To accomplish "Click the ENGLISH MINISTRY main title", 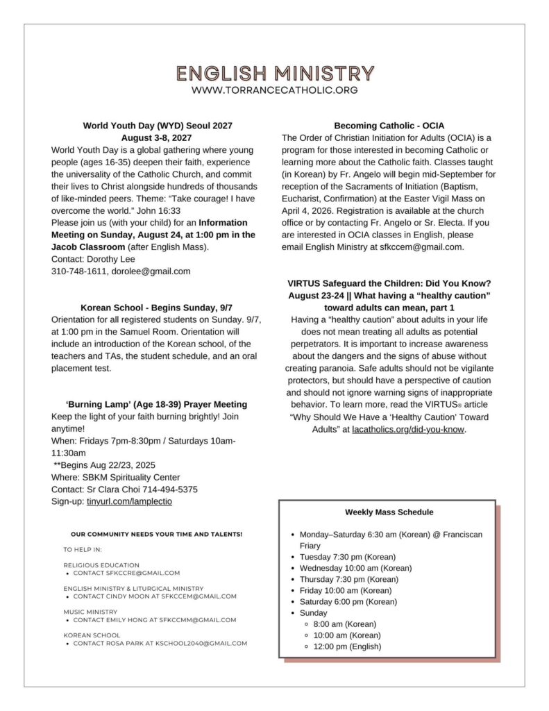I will (x=275, y=73).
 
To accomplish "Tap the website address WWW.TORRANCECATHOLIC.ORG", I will (x=275, y=90).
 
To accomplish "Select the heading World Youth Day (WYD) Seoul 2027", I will (x=158, y=126).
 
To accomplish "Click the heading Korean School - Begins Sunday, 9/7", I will (x=157, y=307).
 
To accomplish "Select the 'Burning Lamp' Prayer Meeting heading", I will (x=157, y=404).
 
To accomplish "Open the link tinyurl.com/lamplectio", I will (x=129, y=501).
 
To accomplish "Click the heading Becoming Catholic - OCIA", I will (x=389, y=126).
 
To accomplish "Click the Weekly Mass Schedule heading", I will (x=389, y=512).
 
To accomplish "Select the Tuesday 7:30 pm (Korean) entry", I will (x=347, y=557).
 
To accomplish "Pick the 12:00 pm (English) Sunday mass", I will (x=347, y=646).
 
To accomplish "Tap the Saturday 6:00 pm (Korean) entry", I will (x=348, y=601).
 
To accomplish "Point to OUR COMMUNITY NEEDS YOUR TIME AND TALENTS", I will (x=157, y=534).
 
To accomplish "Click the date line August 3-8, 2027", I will (x=158, y=137).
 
